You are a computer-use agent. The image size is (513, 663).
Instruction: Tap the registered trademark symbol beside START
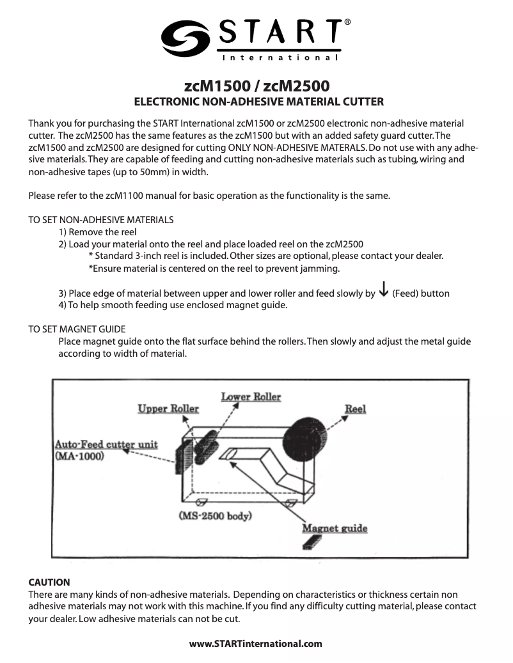347,22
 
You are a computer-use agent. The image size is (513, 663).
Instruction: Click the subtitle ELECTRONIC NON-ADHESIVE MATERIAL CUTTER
257,102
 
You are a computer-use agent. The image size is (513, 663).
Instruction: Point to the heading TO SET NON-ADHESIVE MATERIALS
101,220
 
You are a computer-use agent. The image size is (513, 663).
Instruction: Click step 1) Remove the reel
98,232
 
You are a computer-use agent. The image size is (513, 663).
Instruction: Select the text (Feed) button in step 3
421,293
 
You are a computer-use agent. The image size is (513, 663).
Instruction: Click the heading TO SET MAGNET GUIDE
77,329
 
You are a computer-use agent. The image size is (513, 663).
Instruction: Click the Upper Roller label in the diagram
168,409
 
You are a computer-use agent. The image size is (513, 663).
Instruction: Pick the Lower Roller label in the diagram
251,397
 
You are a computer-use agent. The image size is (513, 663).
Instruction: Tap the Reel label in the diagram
355,409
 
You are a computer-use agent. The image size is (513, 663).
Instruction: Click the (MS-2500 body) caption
214,515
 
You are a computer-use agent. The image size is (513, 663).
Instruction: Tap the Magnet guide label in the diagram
335,529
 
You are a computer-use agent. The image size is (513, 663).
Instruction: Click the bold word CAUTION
49,582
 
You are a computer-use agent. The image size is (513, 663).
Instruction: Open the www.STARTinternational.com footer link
256,643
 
